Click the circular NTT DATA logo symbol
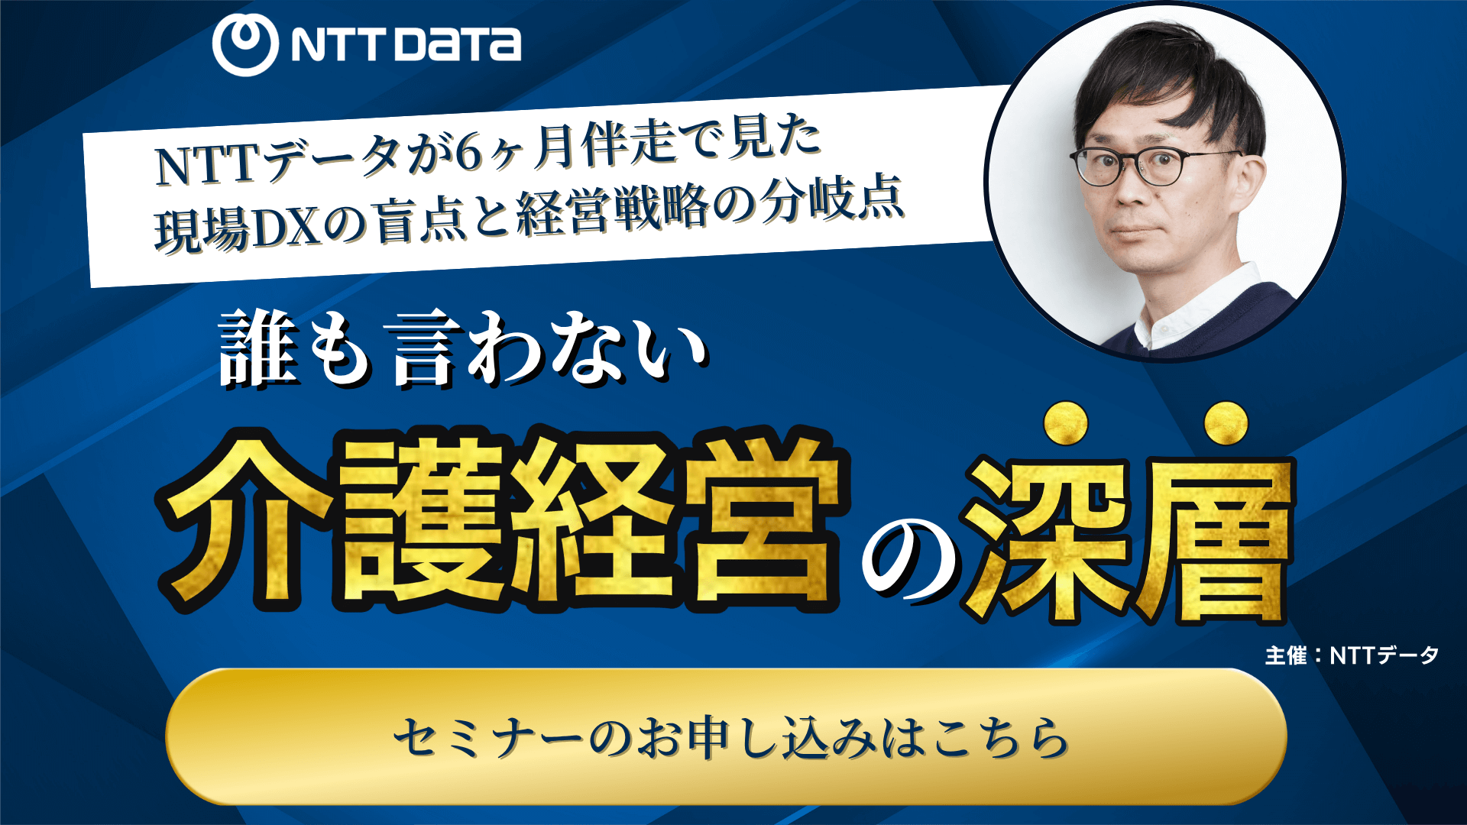244,44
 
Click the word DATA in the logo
458,44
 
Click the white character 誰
258,349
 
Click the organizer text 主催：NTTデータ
1352,655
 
